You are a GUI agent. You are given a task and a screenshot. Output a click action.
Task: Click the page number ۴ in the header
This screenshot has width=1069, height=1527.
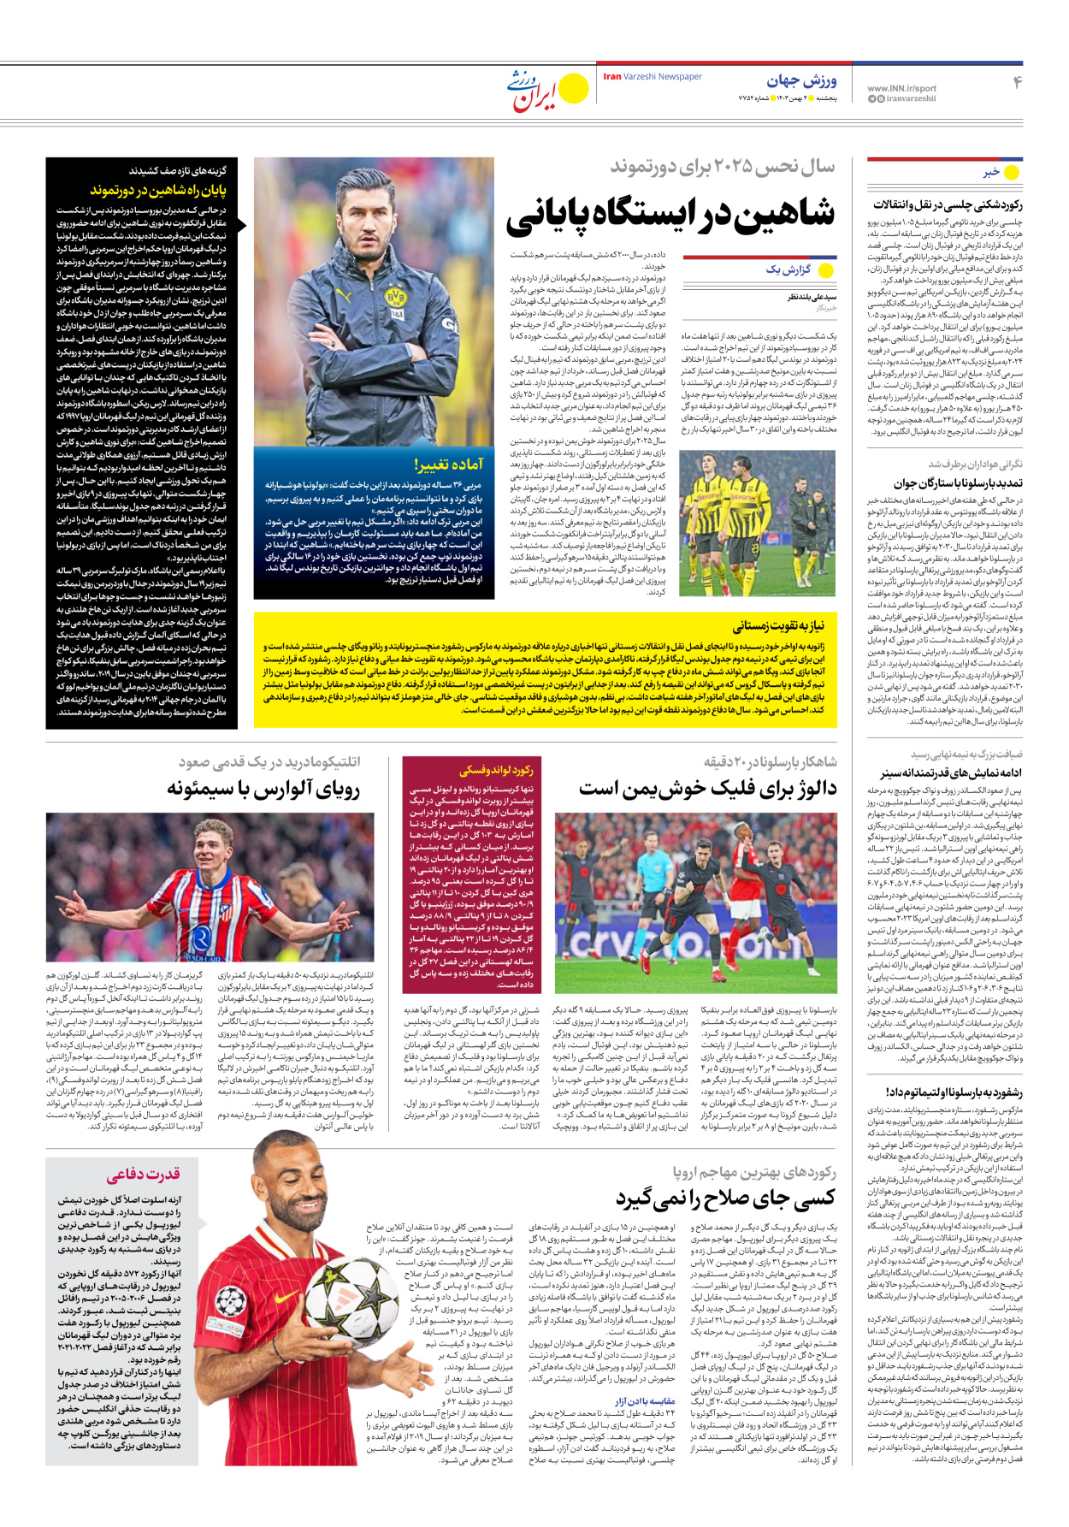point(1017,82)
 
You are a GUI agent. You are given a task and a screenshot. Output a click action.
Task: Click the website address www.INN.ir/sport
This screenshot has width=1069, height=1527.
point(901,88)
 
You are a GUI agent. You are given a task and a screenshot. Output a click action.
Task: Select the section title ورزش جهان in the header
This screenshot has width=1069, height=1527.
point(801,81)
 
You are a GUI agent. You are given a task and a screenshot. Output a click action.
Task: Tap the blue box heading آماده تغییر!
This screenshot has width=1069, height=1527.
point(449,465)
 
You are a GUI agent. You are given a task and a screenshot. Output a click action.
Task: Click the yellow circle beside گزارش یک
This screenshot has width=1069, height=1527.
point(826,270)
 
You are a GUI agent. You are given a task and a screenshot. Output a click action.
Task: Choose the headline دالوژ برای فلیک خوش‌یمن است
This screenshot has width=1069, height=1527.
point(707,789)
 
